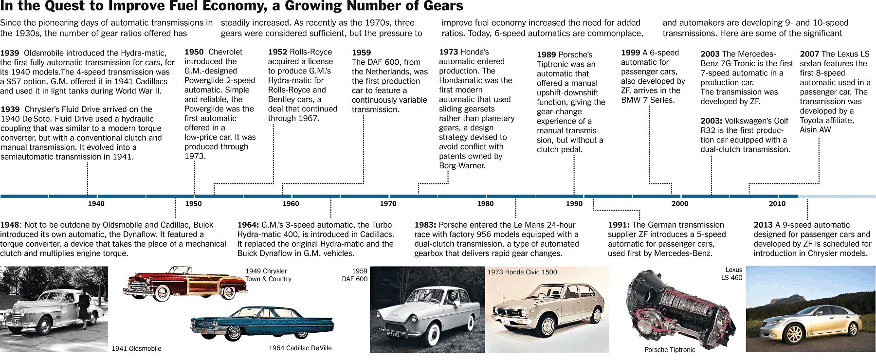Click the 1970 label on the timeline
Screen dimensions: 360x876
click(388, 204)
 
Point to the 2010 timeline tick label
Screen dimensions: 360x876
click(777, 204)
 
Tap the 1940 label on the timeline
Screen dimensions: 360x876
click(96, 204)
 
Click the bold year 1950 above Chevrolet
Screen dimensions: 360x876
click(194, 52)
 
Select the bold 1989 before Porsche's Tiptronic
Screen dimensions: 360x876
click(547, 55)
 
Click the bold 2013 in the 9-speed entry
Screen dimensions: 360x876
click(763, 225)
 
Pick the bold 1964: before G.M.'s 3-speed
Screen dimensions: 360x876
click(248, 225)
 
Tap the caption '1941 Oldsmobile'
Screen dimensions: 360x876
click(136, 348)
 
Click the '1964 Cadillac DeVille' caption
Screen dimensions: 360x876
click(300, 348)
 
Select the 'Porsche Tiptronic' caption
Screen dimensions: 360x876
click(670, 350)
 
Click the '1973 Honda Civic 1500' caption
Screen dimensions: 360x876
click(522, 272)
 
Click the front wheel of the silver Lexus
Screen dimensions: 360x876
click(794, 335)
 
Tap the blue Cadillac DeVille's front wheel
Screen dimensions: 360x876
click(233, 333)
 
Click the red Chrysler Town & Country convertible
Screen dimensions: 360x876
click(185, 285)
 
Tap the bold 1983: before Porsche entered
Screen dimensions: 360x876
click(425, 225)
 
